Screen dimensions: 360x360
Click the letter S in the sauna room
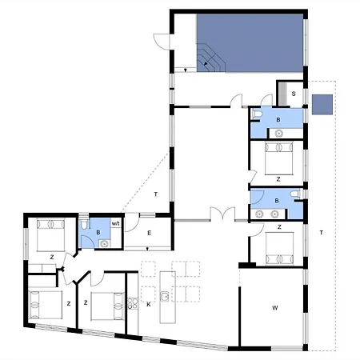point(294,94)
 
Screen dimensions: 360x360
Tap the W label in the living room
point(275,308)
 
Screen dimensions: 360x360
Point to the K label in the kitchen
point(149,304)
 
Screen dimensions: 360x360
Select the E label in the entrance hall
point(150,233)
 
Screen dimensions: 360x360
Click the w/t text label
point(115,223)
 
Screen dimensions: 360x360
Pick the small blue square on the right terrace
point(322,105)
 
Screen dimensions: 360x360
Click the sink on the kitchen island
point(165,296)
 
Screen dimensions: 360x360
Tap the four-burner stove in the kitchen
point(133,303)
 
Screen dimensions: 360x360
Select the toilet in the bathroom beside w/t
point(84,225)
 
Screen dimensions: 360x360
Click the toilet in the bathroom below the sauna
point(258,114)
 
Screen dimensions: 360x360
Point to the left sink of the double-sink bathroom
point(259,214)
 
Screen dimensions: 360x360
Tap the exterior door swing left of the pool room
point(161,42)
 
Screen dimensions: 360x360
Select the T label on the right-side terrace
point(322,233)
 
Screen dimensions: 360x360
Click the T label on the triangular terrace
point(156,194)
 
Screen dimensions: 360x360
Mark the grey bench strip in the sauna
point(282,94)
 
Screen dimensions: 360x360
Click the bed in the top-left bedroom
point(50,234)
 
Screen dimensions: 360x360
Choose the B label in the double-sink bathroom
point(277,201)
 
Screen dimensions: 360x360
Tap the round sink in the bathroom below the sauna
point(279,133)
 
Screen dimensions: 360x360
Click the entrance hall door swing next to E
point(132,222)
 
